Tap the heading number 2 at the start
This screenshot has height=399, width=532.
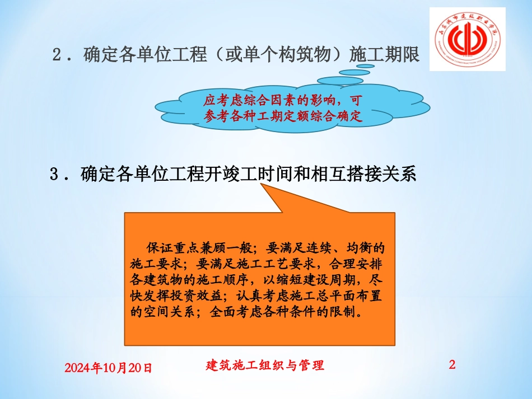click(57, 55)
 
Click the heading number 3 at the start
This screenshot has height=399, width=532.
click(55, 174)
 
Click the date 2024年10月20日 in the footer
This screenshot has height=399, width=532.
click(108, 368)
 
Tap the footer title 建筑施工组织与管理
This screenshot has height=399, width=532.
click(265, 365)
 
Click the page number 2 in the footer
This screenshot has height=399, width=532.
click(452, 365)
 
